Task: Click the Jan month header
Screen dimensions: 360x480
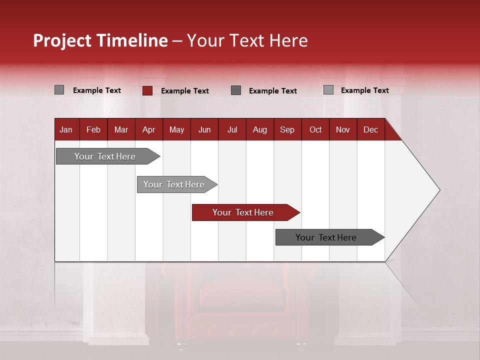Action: (66, 129)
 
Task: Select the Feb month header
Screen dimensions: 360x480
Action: (93, 129)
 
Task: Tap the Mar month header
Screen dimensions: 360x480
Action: (121, 129)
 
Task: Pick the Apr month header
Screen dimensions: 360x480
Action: (148, 129)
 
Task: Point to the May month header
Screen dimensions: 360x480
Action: (176, 129)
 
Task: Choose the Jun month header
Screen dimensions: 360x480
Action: (204, 129)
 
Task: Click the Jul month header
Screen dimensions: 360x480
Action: (232, 129)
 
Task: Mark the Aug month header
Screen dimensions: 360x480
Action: (259, 129)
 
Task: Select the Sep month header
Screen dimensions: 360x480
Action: (287, 129)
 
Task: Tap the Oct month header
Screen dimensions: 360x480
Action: (315, 129)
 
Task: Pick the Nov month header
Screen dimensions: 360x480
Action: (342, 129)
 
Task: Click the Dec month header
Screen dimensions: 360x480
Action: (370, 129)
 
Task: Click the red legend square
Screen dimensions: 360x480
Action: (147, 90)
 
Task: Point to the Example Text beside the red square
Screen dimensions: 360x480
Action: (184, 91)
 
